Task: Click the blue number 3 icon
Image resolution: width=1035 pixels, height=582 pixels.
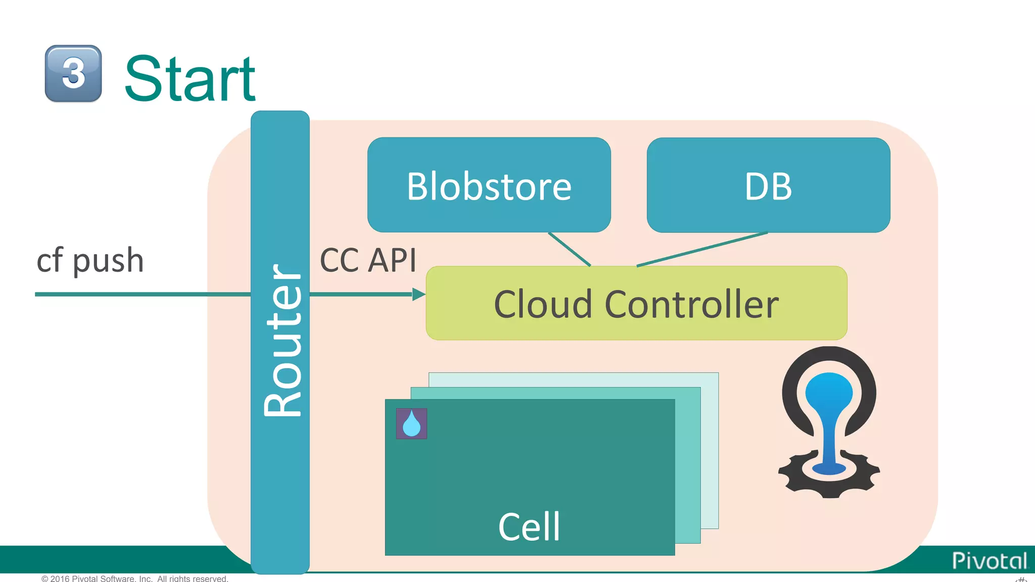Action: point(73,74)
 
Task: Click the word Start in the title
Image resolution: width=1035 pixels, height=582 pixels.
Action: point(190,79)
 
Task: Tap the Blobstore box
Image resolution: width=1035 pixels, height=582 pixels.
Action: point(489,185)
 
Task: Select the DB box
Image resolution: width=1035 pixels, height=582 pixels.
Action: point(768,185)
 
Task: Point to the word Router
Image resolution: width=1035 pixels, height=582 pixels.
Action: point(282,341)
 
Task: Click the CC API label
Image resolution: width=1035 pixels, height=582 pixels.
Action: point(368,261)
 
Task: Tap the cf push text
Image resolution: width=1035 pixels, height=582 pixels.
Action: point(90,261)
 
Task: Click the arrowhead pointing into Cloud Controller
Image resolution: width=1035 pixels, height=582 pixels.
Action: point(418,294)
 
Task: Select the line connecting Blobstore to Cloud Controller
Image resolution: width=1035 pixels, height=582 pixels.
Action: point(569,249)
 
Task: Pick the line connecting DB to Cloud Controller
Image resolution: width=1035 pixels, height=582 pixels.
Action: point(702,249)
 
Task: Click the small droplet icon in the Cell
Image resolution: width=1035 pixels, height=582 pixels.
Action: point(411,424)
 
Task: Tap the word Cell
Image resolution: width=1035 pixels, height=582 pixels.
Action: point(529,527)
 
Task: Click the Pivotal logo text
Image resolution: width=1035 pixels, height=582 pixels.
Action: point(989,561)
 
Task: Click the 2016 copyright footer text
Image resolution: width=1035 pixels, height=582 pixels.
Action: point(134,578)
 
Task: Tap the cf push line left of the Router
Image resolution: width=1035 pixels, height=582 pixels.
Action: point(142,294)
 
